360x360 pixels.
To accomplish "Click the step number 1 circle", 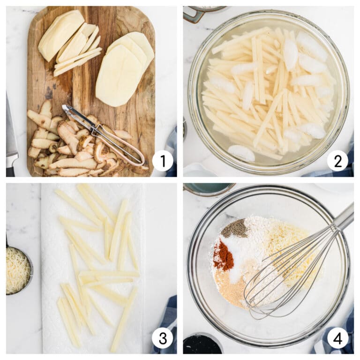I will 163,161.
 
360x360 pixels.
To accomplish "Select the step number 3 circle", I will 163,338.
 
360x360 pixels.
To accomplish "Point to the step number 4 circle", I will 337,338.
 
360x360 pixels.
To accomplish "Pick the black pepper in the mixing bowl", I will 235,228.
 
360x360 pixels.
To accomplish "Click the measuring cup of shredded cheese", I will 17,270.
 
